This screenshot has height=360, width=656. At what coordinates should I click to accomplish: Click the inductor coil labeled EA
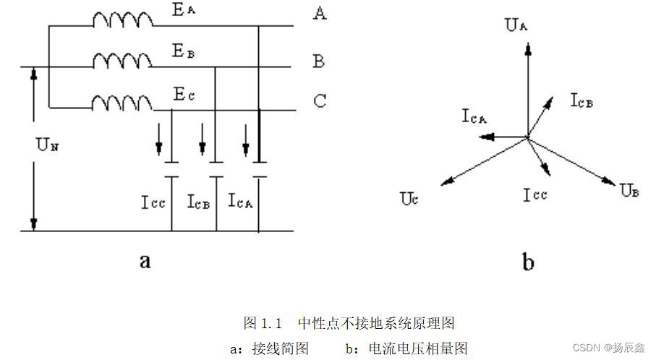tap(123, 21)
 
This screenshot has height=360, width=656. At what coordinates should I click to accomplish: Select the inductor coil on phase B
tap(123, 63)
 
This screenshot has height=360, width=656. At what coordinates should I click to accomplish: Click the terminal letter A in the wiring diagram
tap(319, 14)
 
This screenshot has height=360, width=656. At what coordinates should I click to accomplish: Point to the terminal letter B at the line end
tap(318, 61)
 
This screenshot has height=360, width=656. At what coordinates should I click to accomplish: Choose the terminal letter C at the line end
tap(319, 101)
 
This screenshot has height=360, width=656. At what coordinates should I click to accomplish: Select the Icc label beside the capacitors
tap(153, 202)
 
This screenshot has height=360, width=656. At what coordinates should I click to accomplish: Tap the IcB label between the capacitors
tap(197, 202)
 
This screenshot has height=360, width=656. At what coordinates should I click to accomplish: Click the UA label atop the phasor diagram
tap(516, 27)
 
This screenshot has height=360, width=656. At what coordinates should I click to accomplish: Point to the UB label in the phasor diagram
tap(630, 191)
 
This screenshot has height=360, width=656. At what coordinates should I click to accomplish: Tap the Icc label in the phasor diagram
tap(535, 194)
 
